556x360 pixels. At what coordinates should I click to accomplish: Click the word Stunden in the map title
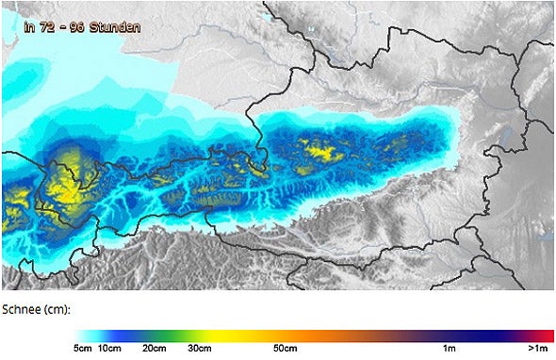[115, 26]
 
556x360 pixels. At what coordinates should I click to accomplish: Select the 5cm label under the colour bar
[84, 349]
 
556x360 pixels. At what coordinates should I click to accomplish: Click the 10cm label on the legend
[110, 349]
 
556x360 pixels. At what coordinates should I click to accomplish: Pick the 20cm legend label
[155, 349]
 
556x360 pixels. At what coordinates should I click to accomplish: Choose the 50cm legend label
[286, 349]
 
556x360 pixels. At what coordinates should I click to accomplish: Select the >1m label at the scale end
[538, 349]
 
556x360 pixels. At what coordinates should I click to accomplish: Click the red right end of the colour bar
[547, 335]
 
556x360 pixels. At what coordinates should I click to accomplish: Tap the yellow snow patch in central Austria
[319, 148]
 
